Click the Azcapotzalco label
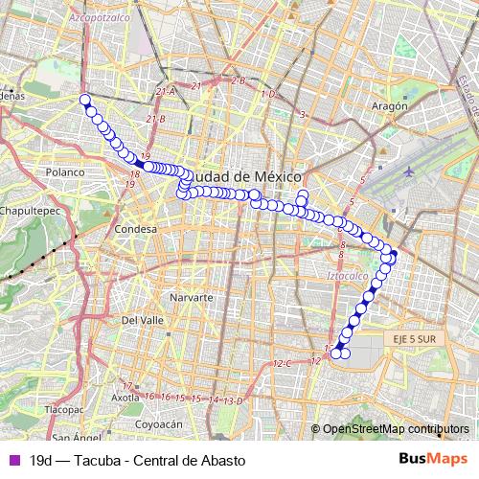pyautogui.click(x=98, y=17)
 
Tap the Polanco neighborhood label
pyautogui.click(x=65, y=171)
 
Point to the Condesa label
pyautogui.click(x=134, y=230)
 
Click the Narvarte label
pyautogui.click(x=190, y=298)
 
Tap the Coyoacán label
pyautogui.click(x=159, y=423)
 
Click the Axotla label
pyautogui.click(x=126, y=397)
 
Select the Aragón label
pyautogui.click(x=389, y=106)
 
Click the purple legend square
pyautogui.click(x=12, y=460)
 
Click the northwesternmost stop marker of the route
pyautogui.click(x=84, y=99)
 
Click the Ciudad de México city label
pyautogui.click(x=247, y=177)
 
